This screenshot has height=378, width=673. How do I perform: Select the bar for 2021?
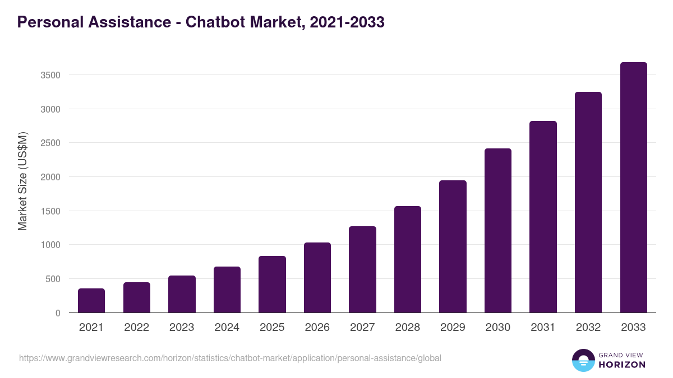click(x=91, y=301)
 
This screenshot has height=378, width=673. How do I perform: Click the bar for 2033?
click(x=634, y=188)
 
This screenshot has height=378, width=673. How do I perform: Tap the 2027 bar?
click(x=362, y=269)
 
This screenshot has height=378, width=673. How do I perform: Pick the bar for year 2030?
click(x=498, y=231)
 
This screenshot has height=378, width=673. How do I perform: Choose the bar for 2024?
click(x=227, y=290)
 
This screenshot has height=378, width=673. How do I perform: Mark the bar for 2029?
click(x=453, y=246)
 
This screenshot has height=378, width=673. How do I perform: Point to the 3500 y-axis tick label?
click(x=50, y=75)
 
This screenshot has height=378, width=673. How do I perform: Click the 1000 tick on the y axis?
click(x=50, y=245)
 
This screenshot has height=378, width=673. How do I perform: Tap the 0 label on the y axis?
click(x=58, y=313)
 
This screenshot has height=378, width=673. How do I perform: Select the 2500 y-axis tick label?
click(x=50, y=143)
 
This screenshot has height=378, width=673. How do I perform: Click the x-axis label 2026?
click(x=317, y=328)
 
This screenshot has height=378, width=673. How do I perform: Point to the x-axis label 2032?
click(x=588, y=328)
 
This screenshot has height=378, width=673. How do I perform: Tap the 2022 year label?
click(x=136, y=328)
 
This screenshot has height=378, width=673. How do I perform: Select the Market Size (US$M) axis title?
click(x=22, y=180)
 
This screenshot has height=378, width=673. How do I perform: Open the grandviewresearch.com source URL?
click(x=230, y=358)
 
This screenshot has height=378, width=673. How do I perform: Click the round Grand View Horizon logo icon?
click(x=583, y=360)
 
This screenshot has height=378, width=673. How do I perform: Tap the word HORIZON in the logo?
click(x=622, y=365)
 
